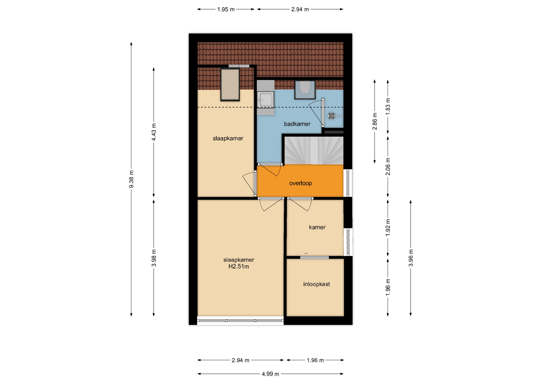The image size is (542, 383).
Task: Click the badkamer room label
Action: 297,124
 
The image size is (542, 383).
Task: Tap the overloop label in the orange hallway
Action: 300,183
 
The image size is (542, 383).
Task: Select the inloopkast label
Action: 316,284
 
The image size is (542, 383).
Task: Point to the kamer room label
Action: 317,227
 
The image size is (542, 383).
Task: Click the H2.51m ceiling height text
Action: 239,267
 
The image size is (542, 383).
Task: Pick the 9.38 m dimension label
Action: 131,179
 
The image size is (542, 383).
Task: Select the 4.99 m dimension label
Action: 270,374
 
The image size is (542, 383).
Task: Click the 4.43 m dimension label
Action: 154,132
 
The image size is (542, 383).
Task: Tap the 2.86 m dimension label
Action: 375,121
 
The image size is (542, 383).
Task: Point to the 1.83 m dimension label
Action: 388,106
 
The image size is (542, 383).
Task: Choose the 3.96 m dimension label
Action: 411,258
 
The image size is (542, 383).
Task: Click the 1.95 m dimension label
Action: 226,9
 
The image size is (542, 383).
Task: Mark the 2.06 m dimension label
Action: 388,166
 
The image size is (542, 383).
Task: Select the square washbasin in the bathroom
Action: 266,100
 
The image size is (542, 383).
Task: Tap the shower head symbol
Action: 331,116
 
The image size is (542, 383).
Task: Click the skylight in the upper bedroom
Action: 230,84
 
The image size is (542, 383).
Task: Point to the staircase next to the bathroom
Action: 314,151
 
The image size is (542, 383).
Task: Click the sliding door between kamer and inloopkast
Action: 314,257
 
